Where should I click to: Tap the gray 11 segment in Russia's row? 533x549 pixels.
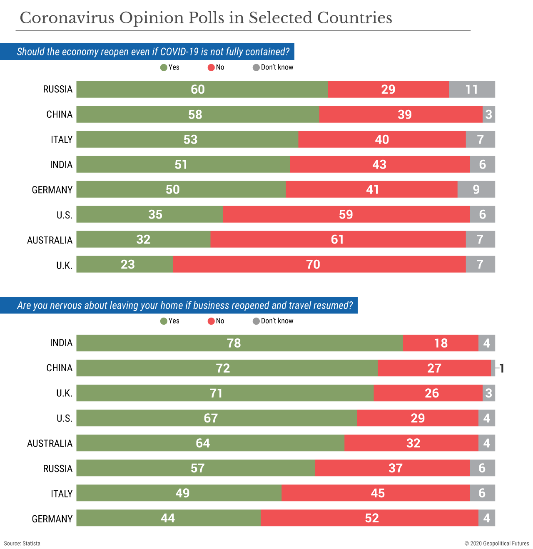[472, 89]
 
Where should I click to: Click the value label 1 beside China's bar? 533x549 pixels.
[502, 368]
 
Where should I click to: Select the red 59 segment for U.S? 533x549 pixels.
[346, 214]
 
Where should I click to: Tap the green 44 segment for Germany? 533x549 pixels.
[168, 518]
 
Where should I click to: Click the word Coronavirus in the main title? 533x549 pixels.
[67, 18]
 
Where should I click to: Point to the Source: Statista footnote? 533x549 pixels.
[22, 543]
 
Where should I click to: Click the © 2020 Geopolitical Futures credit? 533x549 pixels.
[496, 543]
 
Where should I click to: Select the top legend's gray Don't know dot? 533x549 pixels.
[256, 67]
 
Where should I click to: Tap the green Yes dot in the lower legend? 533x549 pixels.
[164, 321]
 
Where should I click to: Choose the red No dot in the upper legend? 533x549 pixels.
[211, 67]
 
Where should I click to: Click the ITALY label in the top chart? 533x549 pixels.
[62, 139]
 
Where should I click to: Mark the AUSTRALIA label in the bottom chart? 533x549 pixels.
[50, 443]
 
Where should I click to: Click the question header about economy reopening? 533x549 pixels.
[153, 52]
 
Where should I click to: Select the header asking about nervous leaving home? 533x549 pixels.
[185, 306]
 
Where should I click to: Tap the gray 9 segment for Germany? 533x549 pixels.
[476, 189]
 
